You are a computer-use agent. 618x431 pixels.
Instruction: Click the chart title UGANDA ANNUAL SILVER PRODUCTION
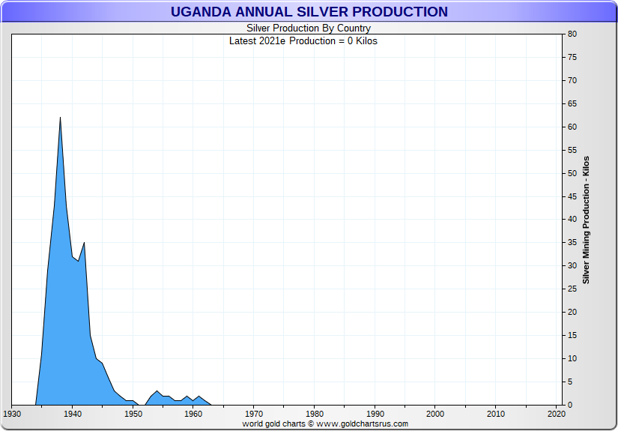[309, 12]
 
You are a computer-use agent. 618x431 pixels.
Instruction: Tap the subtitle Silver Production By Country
[309, 28]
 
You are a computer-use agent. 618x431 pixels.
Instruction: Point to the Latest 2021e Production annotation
[303, 40]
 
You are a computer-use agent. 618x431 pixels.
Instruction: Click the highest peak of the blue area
[60, 118]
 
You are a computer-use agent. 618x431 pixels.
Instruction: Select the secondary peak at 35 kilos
[84, 243]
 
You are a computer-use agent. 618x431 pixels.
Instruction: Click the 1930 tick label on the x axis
[12, 414]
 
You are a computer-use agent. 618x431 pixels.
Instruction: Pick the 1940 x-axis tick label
[73, 414]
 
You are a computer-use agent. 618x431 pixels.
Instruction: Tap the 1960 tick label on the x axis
[193, 414]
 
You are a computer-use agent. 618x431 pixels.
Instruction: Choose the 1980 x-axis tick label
[315, 414]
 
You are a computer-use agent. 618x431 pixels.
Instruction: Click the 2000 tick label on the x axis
[435, 414]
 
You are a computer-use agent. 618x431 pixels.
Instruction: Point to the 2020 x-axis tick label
[556, 414]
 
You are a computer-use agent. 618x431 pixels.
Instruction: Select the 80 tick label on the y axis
[572, 34]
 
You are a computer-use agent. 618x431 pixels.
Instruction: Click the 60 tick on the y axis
[572, 127]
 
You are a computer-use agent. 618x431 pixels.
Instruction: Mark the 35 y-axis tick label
[572, 243]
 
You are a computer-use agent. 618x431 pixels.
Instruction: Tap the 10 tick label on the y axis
[572, 359]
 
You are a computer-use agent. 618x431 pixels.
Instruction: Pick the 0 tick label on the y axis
[569, 406]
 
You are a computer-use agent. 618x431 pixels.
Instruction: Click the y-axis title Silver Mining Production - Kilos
[587, 220]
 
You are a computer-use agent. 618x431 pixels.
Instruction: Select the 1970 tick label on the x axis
[254, 414]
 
